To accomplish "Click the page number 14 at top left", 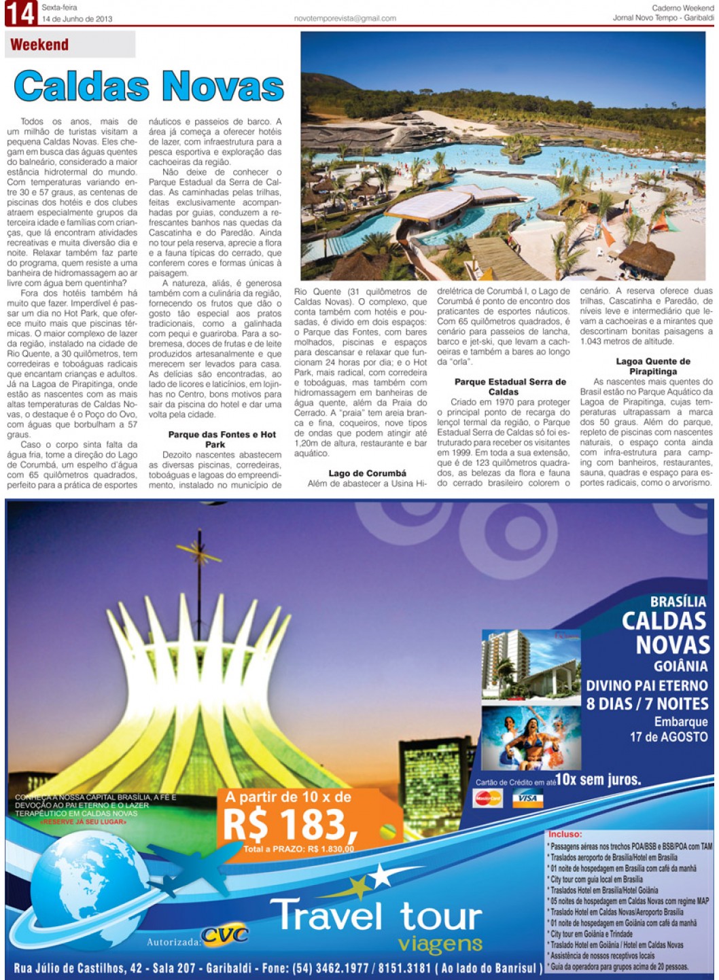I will click(x=20, y=14).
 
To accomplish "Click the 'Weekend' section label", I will click(x=39, y=46).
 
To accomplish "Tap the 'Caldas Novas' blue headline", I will click(x=149, y=86).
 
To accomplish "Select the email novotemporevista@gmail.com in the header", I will click(x=345, y=18).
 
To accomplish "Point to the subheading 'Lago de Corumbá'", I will click(x=367, y=473).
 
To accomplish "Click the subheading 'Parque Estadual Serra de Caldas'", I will click(x=510, y=386).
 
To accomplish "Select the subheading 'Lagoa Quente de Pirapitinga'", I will click(x=652, y=367).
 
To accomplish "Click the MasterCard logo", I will click(x=487, y=799).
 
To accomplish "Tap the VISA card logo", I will click(x=527, y=799).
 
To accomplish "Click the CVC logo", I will click(x=225, y=936).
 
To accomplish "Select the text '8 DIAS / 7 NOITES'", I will click(x=647, y=704).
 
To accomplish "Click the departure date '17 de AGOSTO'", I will click(x=668, y=736).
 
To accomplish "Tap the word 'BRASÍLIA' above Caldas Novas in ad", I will click(x=678, y=602).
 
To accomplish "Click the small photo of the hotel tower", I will click(x=522, y=665).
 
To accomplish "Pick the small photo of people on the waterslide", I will click(x=522, y=738).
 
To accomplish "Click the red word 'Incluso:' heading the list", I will click(x=565, y=834).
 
